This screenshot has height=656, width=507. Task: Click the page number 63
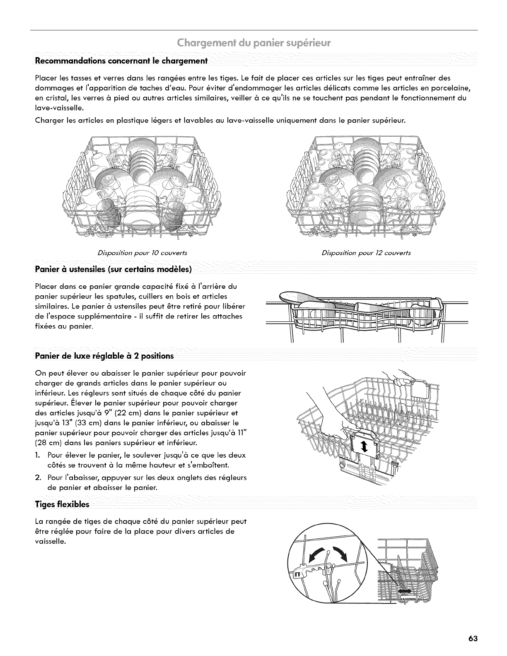click(473, 627)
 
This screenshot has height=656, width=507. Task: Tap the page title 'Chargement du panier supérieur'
click(254, 43)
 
